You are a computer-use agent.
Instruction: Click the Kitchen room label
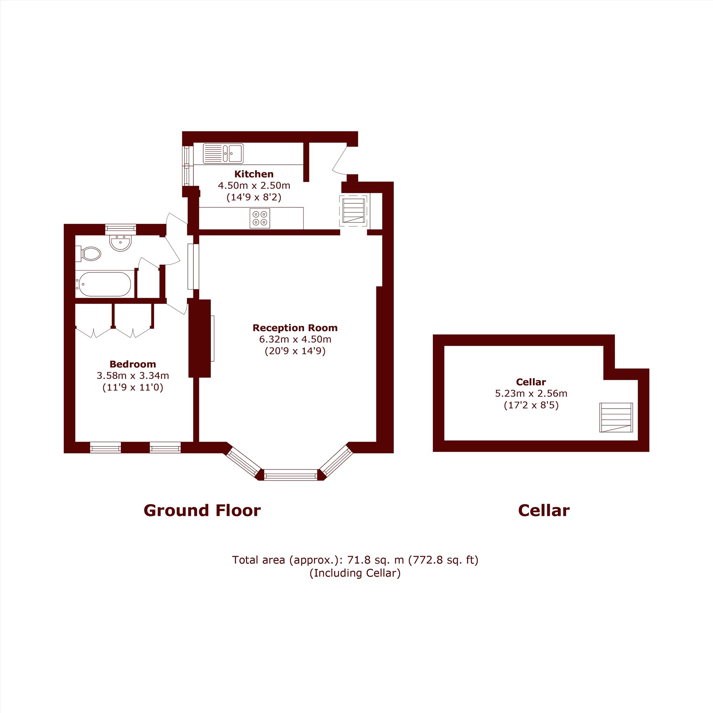coord(254,174)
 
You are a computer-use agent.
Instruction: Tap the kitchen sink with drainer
coord(223,154)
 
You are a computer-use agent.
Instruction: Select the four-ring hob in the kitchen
coord(260,218)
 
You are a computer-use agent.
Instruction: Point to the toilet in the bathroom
coord(88,254)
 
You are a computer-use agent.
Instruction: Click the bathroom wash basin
coord(120,242)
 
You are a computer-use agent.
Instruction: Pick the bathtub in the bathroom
coord(103,284)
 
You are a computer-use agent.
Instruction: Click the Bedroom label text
coord(133,364)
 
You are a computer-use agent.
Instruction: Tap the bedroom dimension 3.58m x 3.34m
coord(133,376)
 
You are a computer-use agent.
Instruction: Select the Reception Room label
coord(295,328)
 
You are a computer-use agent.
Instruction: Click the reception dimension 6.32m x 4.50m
coord(295,339)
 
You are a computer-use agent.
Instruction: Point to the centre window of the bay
coord(291,475)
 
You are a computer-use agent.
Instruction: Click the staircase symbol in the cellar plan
coord(616,417)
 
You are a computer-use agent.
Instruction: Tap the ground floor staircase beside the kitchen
coord(354,210)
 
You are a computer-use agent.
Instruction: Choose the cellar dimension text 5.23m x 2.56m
coord(531,394)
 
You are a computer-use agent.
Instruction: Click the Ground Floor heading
coord(202,511)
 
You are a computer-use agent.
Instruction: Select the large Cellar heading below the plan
coord(544,511)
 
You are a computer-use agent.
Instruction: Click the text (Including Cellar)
coord(355,573)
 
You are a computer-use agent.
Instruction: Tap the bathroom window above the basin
coord(121,229)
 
